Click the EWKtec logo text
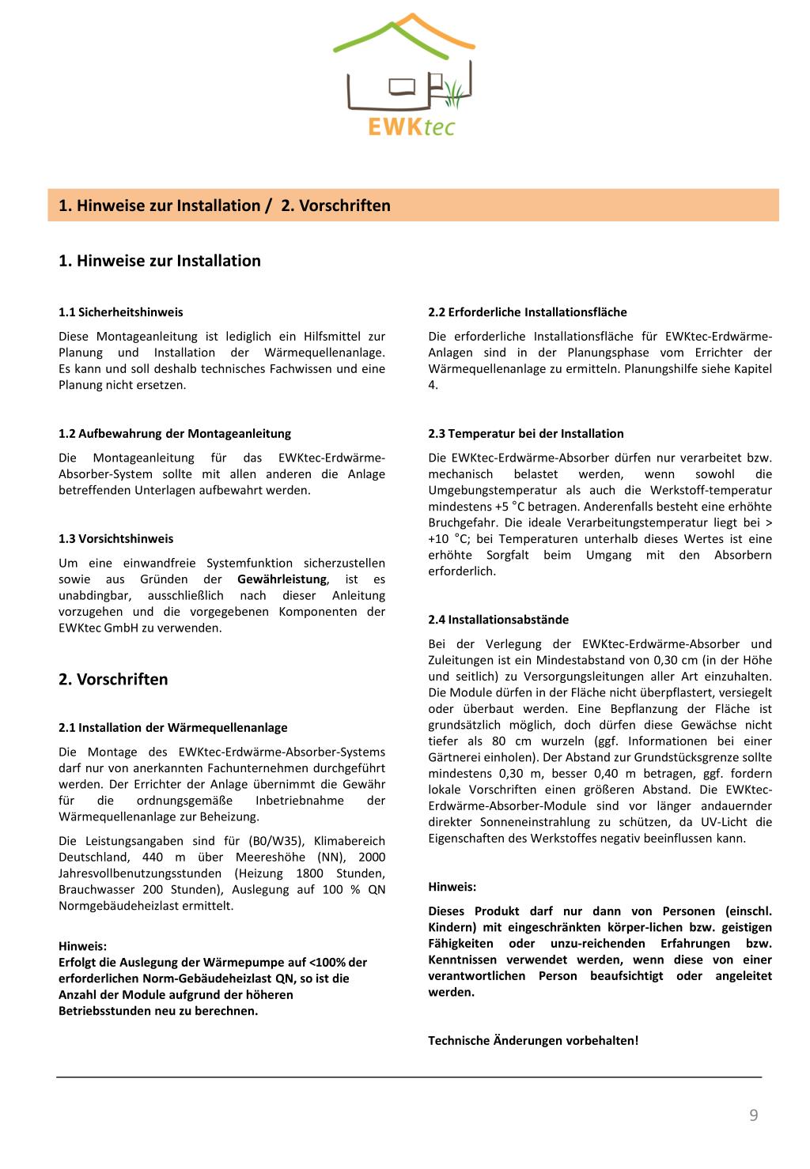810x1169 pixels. point(411,125)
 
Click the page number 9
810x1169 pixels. point(753,1115)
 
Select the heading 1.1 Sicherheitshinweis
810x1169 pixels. point(121,312)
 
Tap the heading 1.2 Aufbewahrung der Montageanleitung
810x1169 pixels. point(175,433)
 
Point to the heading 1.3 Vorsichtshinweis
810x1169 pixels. point(115,538)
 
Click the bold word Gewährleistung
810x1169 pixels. point(282,579)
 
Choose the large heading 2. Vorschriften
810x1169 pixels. point(113,679)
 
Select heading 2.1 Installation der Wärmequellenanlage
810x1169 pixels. point(173,727)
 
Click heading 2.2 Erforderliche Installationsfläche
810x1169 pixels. point(528,312)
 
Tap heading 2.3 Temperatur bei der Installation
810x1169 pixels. point(526,433)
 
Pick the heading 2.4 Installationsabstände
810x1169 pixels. point(498,620)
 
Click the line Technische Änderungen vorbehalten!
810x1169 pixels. point(533,1040)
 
